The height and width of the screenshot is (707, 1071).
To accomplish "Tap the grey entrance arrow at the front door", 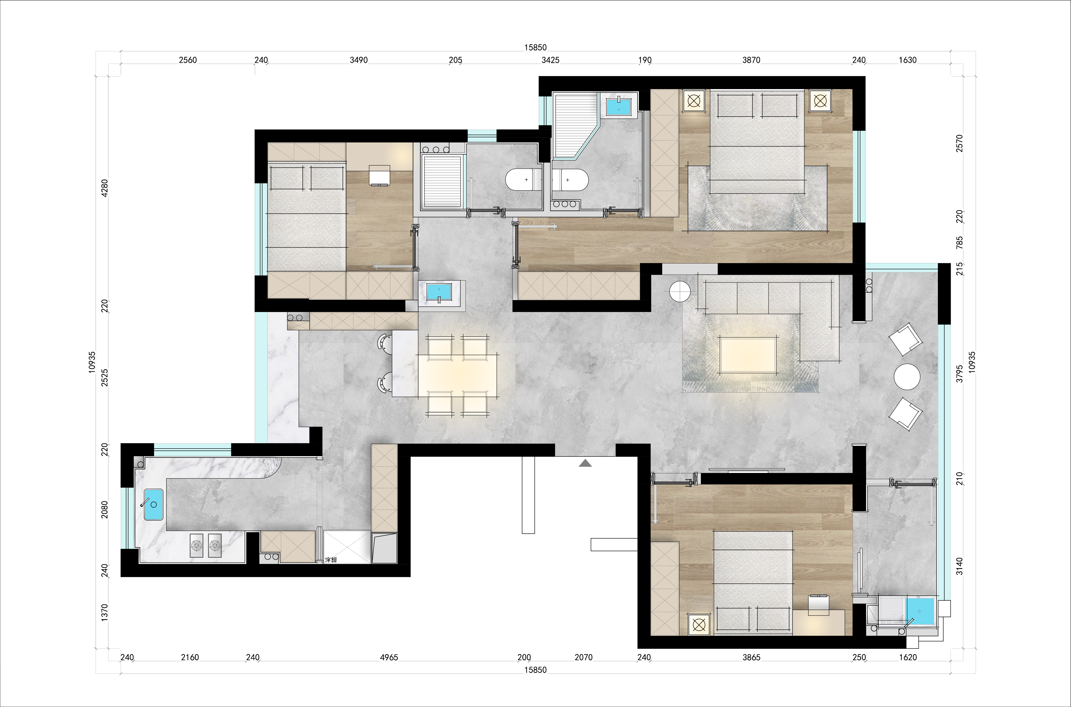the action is click(585, 463).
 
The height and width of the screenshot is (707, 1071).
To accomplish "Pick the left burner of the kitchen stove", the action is click(197, 546).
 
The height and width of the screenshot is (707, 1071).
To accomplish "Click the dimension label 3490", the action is click(359, 60).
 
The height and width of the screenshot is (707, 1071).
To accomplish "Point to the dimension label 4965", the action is click(389, 657).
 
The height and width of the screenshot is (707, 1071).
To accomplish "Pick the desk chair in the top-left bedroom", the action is click(379, 175).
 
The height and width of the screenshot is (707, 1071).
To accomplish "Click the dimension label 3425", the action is click(550, 60).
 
